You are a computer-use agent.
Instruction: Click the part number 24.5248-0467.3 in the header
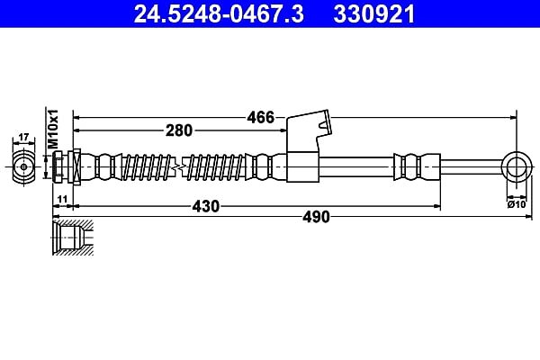click(219, 14)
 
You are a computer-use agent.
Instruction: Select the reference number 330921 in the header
click(374, 14)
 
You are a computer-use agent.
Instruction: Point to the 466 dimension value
click(260, 118)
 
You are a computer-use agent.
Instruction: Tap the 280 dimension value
click(179, 130)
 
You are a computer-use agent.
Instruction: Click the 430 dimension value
click(205, 206)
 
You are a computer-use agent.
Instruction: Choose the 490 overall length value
click(316, 217)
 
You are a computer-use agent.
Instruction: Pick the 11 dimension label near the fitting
click(62, 199)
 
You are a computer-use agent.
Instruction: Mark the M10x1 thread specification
click(53, 130)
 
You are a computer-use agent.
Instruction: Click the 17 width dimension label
click(23, 138)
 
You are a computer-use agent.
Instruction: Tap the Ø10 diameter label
click(517, 204)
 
